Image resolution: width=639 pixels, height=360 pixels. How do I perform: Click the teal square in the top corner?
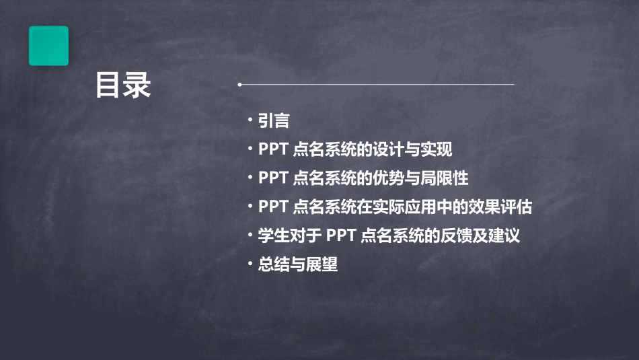click(x=48, y=46)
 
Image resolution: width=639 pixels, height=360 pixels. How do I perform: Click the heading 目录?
click(x=123, y=85)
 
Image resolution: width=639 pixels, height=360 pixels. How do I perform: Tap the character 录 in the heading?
click(x=137, y=85)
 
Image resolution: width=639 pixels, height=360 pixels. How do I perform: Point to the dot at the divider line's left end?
click(x=239, y=85)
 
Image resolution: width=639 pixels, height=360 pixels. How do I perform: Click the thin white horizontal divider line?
click(x=377, y=85)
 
